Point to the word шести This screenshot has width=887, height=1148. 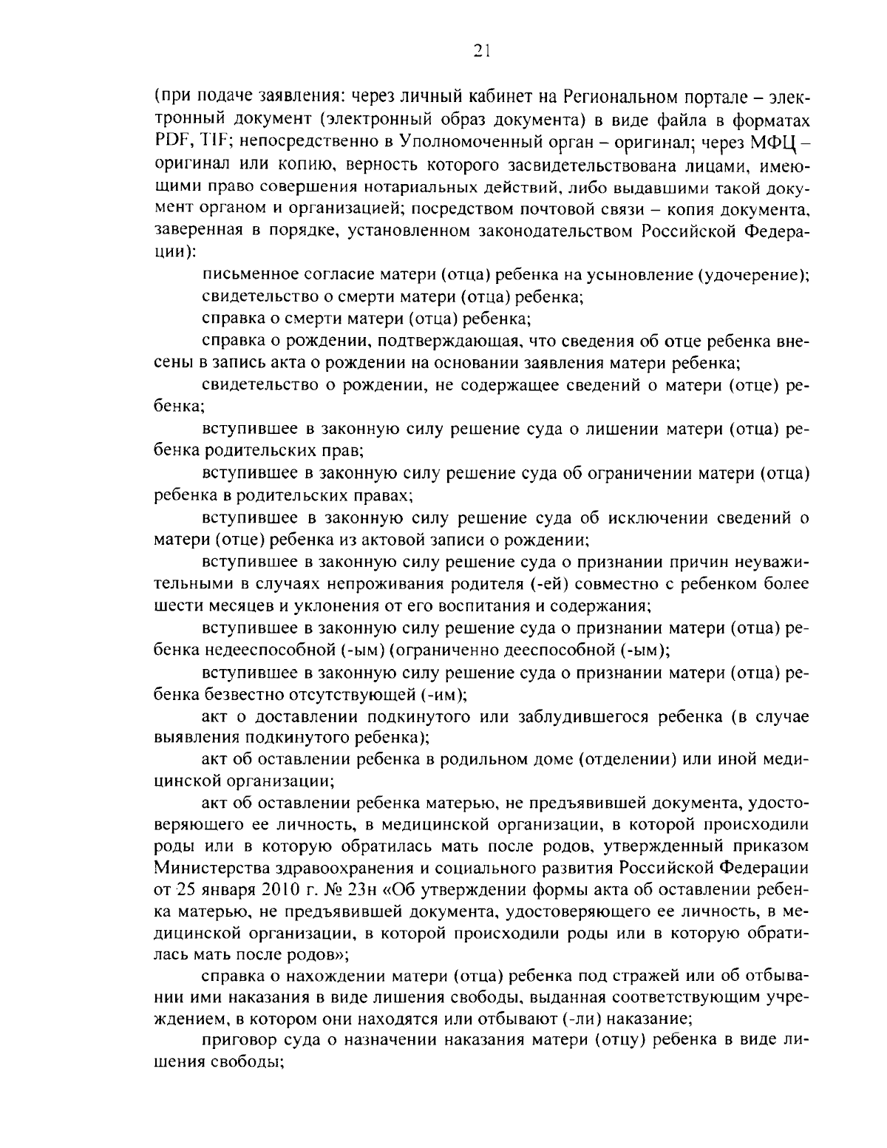point(174,606)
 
